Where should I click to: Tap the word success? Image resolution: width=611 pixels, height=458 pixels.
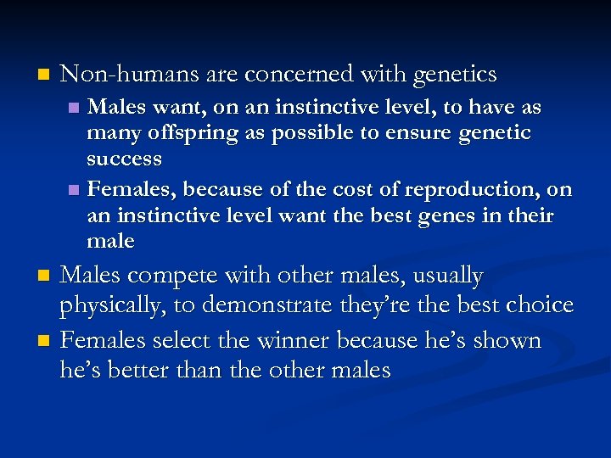(124, 159)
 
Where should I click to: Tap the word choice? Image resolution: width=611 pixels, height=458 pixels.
(539, 305)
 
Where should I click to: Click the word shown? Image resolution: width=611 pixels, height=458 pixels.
(508, 341)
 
